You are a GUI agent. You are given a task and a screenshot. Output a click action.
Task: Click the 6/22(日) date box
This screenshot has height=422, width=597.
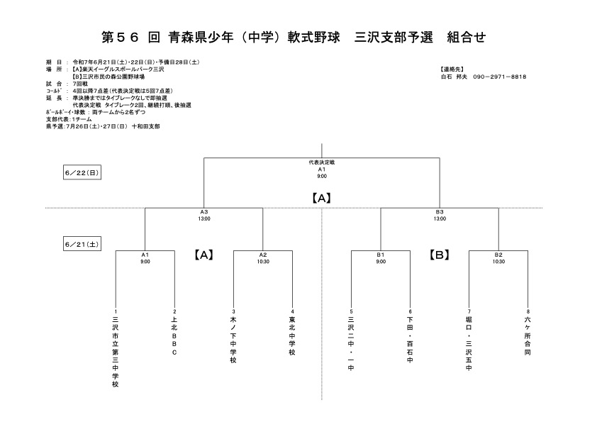[x=82, y=172]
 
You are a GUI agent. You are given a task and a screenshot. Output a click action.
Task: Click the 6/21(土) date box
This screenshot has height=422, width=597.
[x=82, y=244]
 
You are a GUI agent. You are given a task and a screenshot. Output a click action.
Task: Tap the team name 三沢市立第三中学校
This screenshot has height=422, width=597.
[x=116, y=352]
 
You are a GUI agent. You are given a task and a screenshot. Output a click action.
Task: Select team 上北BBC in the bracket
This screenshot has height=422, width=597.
[x=174, y=335]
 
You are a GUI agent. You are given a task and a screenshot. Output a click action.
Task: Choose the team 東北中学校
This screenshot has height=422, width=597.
[x=292, y=335]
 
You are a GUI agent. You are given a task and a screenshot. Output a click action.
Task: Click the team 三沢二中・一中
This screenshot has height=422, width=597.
[x=351, y=343]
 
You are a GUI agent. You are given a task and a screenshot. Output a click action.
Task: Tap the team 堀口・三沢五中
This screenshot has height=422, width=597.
[x=469, y=343]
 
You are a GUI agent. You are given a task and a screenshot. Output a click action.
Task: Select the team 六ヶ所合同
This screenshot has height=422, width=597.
[x=528, y=335]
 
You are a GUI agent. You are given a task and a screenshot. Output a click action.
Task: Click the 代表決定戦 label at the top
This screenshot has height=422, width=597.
[x=322, y=162]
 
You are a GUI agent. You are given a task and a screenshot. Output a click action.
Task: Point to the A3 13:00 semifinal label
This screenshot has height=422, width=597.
[x=204, y=215]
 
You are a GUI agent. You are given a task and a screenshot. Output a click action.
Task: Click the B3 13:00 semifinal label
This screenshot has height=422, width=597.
[x=440, y=215]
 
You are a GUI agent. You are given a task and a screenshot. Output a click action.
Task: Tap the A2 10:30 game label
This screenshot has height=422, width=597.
[x=263, y=258]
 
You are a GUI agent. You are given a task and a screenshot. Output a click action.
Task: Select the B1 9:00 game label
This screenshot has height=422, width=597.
[x=381, y=258]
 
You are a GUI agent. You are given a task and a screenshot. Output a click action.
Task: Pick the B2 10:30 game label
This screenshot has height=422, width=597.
[x=498, y=258]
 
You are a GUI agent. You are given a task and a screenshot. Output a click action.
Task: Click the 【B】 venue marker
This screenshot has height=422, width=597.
[x=440, y=255]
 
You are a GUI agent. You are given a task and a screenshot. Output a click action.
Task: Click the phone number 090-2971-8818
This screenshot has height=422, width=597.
[x=500, y=77]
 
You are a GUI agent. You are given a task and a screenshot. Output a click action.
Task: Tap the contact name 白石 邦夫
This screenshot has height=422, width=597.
[x=454, y=77]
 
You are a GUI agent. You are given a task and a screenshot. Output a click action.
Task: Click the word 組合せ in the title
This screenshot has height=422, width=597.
[x=467, y=38]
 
